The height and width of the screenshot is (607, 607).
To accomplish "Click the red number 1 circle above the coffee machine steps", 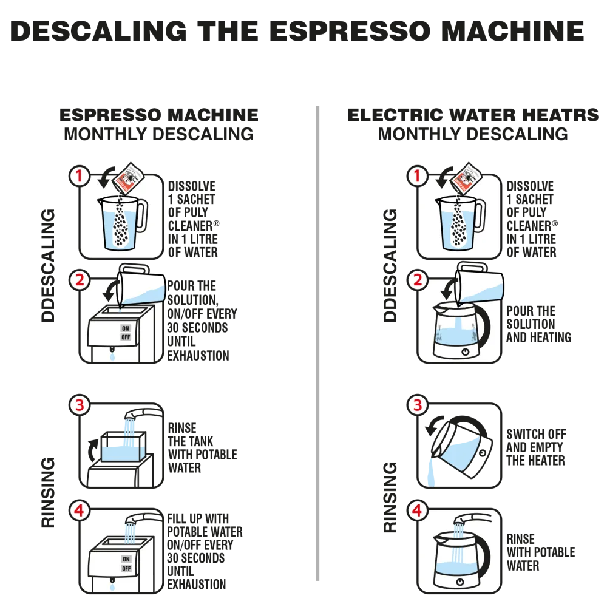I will (79, 176).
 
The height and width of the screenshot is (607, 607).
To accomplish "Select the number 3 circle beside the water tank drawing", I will (79, 404).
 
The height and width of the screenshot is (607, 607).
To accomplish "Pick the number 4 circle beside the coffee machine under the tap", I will (79, 511).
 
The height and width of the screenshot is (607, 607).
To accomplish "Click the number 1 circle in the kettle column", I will (416, 176).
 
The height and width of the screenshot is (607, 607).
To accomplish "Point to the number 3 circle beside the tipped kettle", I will (416, 405).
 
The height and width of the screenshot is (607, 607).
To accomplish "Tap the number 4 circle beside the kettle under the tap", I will (416, 511).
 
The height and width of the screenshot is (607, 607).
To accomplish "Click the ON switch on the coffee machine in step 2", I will (126, 328).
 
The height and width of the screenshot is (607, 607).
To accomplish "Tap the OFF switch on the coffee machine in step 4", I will (126, 568).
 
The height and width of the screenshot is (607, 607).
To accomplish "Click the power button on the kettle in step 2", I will (465, 351).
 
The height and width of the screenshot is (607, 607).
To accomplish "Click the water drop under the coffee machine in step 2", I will (112, 358).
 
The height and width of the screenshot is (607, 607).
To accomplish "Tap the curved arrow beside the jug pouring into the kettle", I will (448, 289).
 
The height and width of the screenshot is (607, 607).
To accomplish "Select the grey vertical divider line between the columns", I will (317, 340).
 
